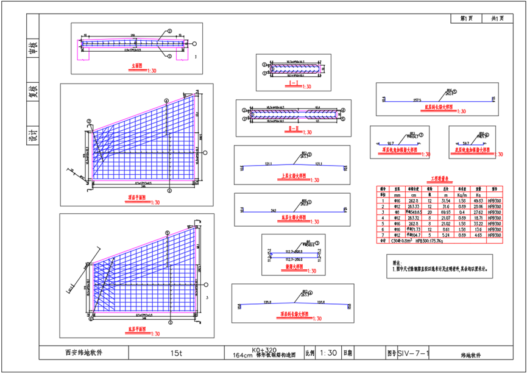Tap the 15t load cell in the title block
(x=177, y=353)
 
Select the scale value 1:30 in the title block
(x=328, y=353)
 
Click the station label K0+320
(x=260, y=350)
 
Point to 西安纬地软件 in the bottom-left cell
(x=83, y=353)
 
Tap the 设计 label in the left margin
(x=33, y=135)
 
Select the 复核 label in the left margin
(x=33, y=91)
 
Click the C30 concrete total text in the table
(x=403, y=241)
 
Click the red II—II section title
(x=293, y=129)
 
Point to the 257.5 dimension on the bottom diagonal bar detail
(x=418, y=98)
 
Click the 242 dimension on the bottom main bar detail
(x=275, y=210)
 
